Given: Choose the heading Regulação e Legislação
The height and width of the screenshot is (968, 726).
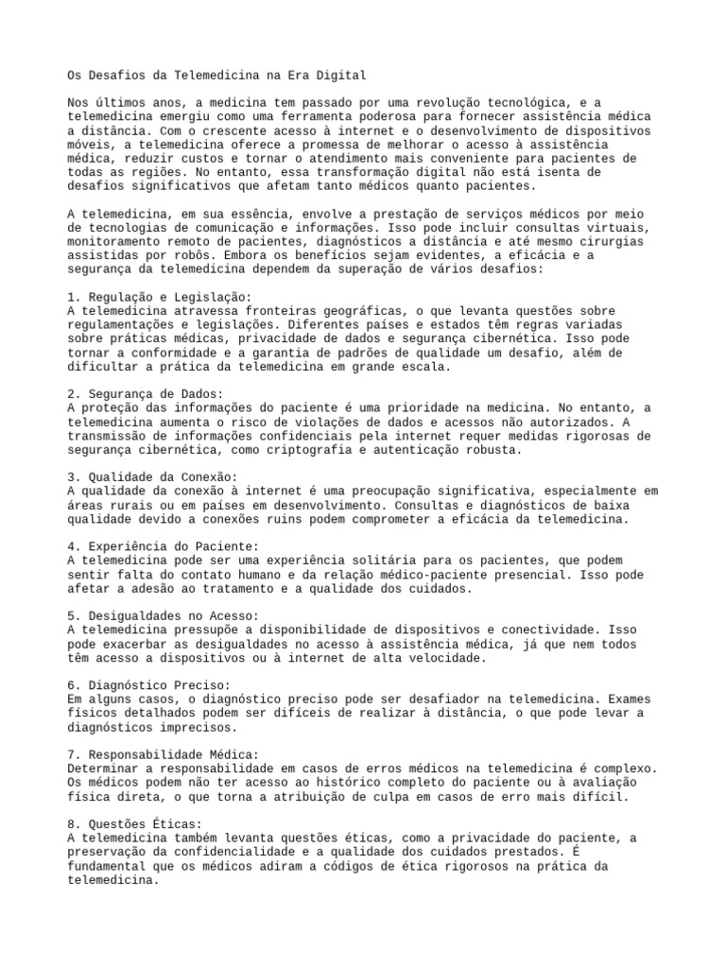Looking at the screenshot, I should point(154,297).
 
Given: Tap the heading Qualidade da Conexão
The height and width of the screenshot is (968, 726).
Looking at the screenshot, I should point(150,476).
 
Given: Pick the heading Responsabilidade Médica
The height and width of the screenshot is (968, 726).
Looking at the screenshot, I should point(161,754).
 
